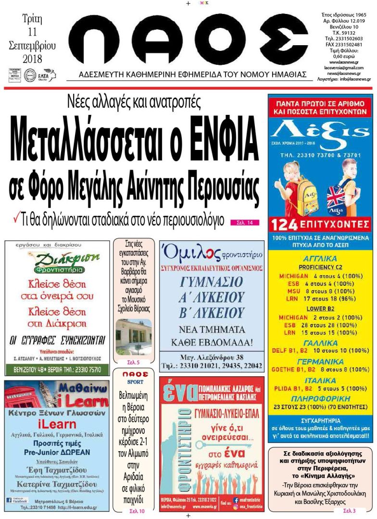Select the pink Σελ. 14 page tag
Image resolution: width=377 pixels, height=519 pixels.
tap(245, 222)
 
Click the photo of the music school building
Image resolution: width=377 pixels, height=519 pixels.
tap(134, 336)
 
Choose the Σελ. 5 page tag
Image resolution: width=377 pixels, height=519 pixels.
tap(134, 362)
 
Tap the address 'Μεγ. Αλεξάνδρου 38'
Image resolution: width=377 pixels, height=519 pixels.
tap(211, 357)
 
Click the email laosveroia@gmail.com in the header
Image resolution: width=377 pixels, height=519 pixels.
tap(343, 68)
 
